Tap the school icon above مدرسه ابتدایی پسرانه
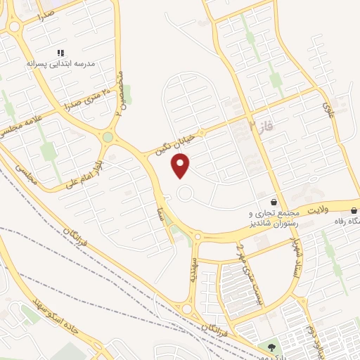(x=61, y=53)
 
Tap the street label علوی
(x=328, y=111)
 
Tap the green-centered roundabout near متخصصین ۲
(x=108, y=137)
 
